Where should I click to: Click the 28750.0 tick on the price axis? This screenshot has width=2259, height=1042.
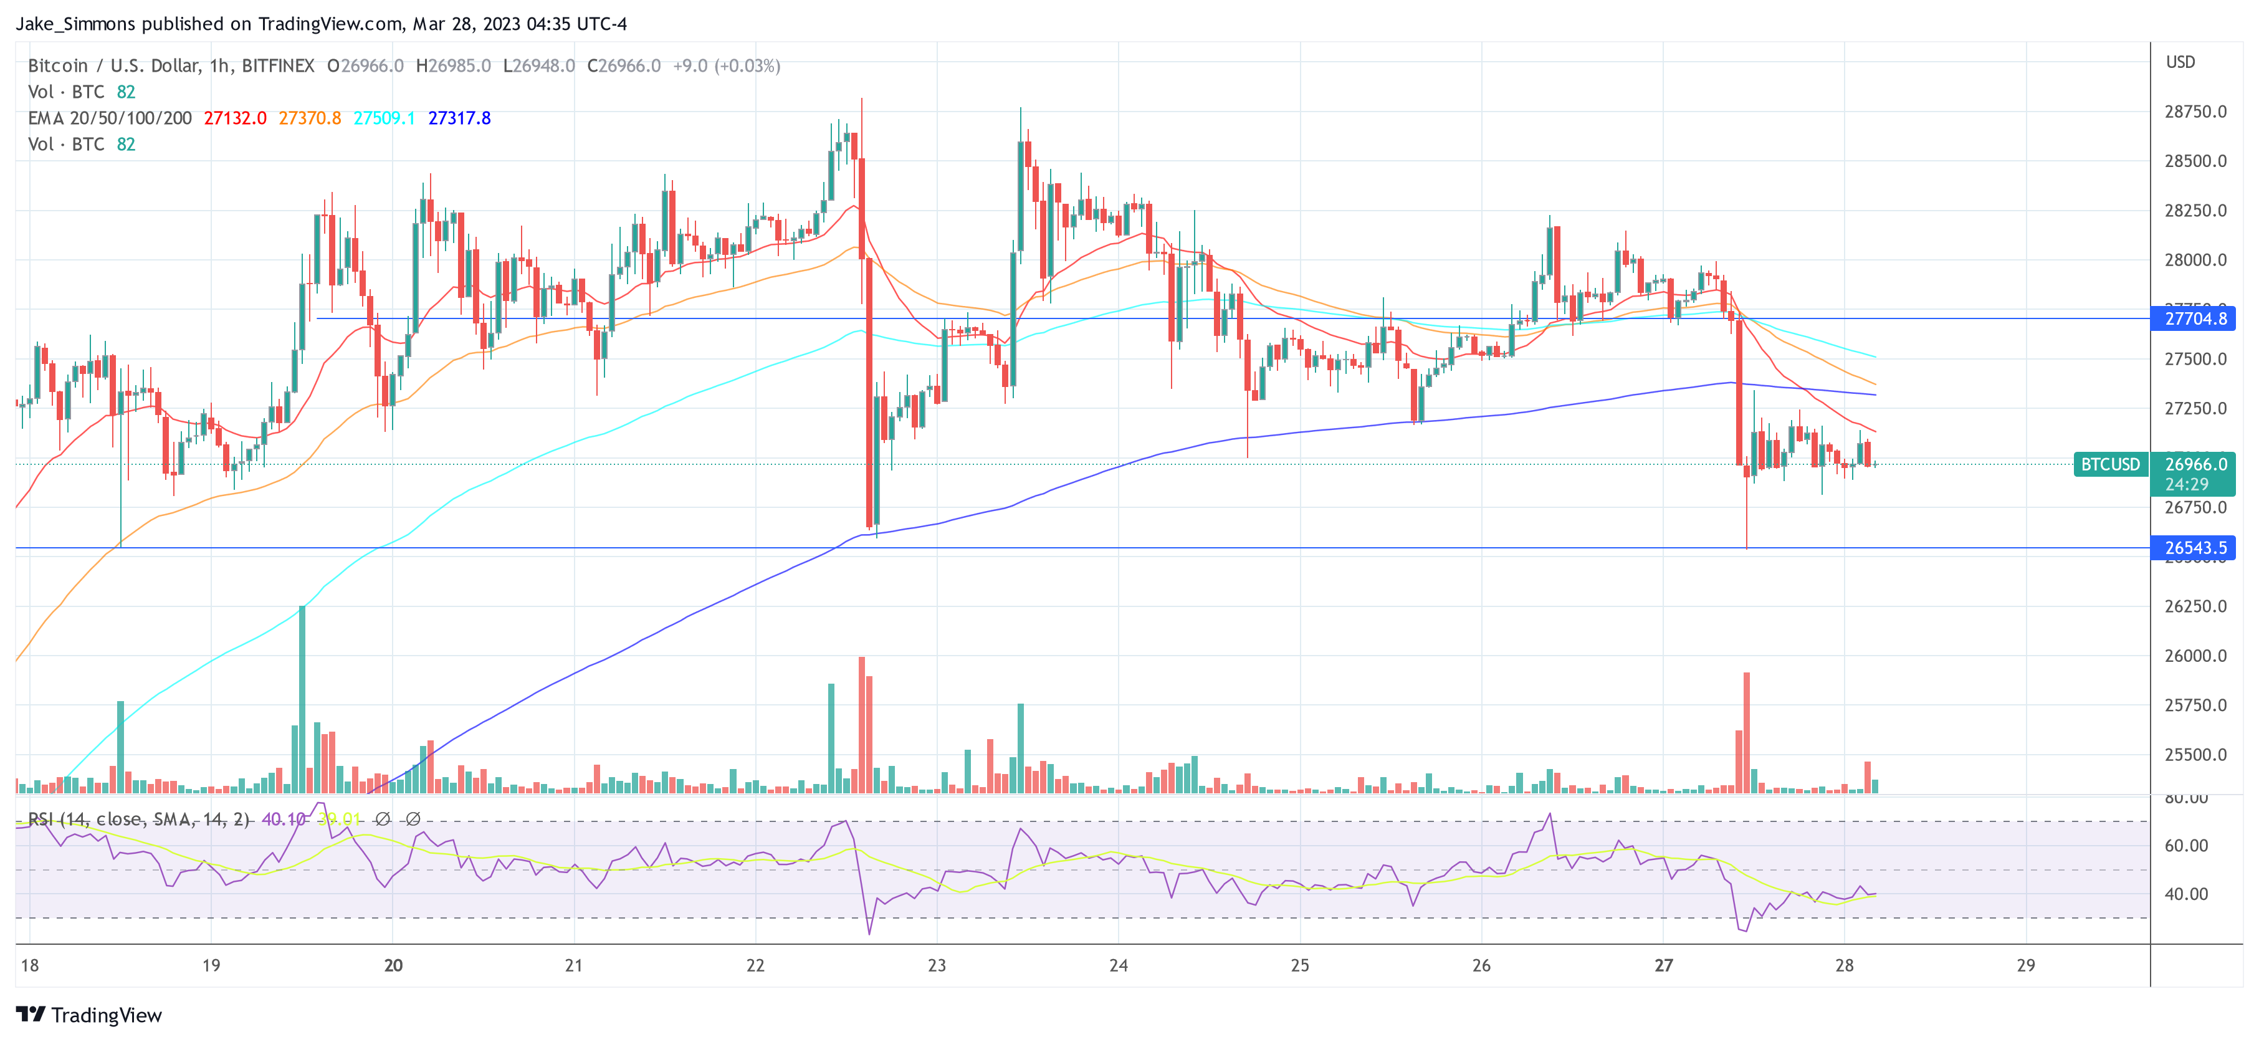point(2195,112)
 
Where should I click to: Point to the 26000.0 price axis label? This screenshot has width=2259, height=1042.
point(2195,655)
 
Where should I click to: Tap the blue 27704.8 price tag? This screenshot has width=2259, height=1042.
point(2194,318)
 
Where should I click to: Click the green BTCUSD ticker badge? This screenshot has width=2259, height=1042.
point(2110,464)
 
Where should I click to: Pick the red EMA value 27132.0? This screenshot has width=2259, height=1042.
point(235,118)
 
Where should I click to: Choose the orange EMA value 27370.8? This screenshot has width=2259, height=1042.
point(310,118)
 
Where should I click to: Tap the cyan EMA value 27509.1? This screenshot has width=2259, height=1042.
point(384,118)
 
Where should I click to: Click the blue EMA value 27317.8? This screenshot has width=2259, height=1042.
point(459,118)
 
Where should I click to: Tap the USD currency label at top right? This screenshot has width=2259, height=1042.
point(2180,62)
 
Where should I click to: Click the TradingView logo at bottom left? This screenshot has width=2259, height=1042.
point(90,1015)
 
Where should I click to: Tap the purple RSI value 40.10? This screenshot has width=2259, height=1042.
point(284,820)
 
